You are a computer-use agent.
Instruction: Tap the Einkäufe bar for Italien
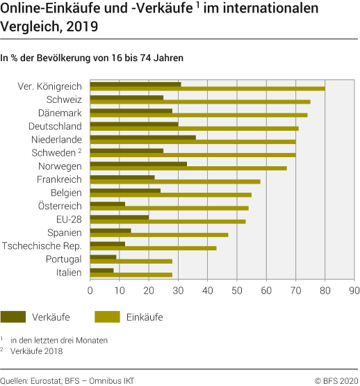point(131,275)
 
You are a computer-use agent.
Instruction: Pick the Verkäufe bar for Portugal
point(104,257)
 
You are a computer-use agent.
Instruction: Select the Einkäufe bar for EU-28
point(167,222)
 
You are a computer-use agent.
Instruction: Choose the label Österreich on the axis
point(60,206)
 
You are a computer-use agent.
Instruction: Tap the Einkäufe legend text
point(145,317)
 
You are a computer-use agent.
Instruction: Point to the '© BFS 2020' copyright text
point(336,380)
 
